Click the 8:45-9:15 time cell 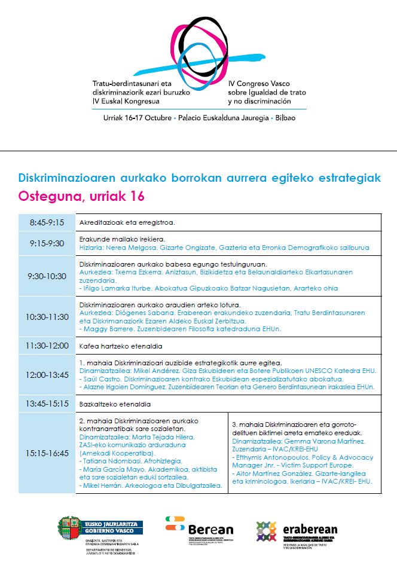[x=47, y=222]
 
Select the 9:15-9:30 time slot [x=47, y=243]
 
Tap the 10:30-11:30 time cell [x=47, y=317]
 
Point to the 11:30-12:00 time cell [x=47, y=346]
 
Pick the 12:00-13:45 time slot [x=47, y=375]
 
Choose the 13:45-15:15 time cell [x=47, y=404]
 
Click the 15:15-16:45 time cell [x=47, y=454]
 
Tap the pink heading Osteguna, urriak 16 [x=81, y=197]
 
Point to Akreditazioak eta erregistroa [x=127, y=222]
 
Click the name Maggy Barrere [x=104, y=329]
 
